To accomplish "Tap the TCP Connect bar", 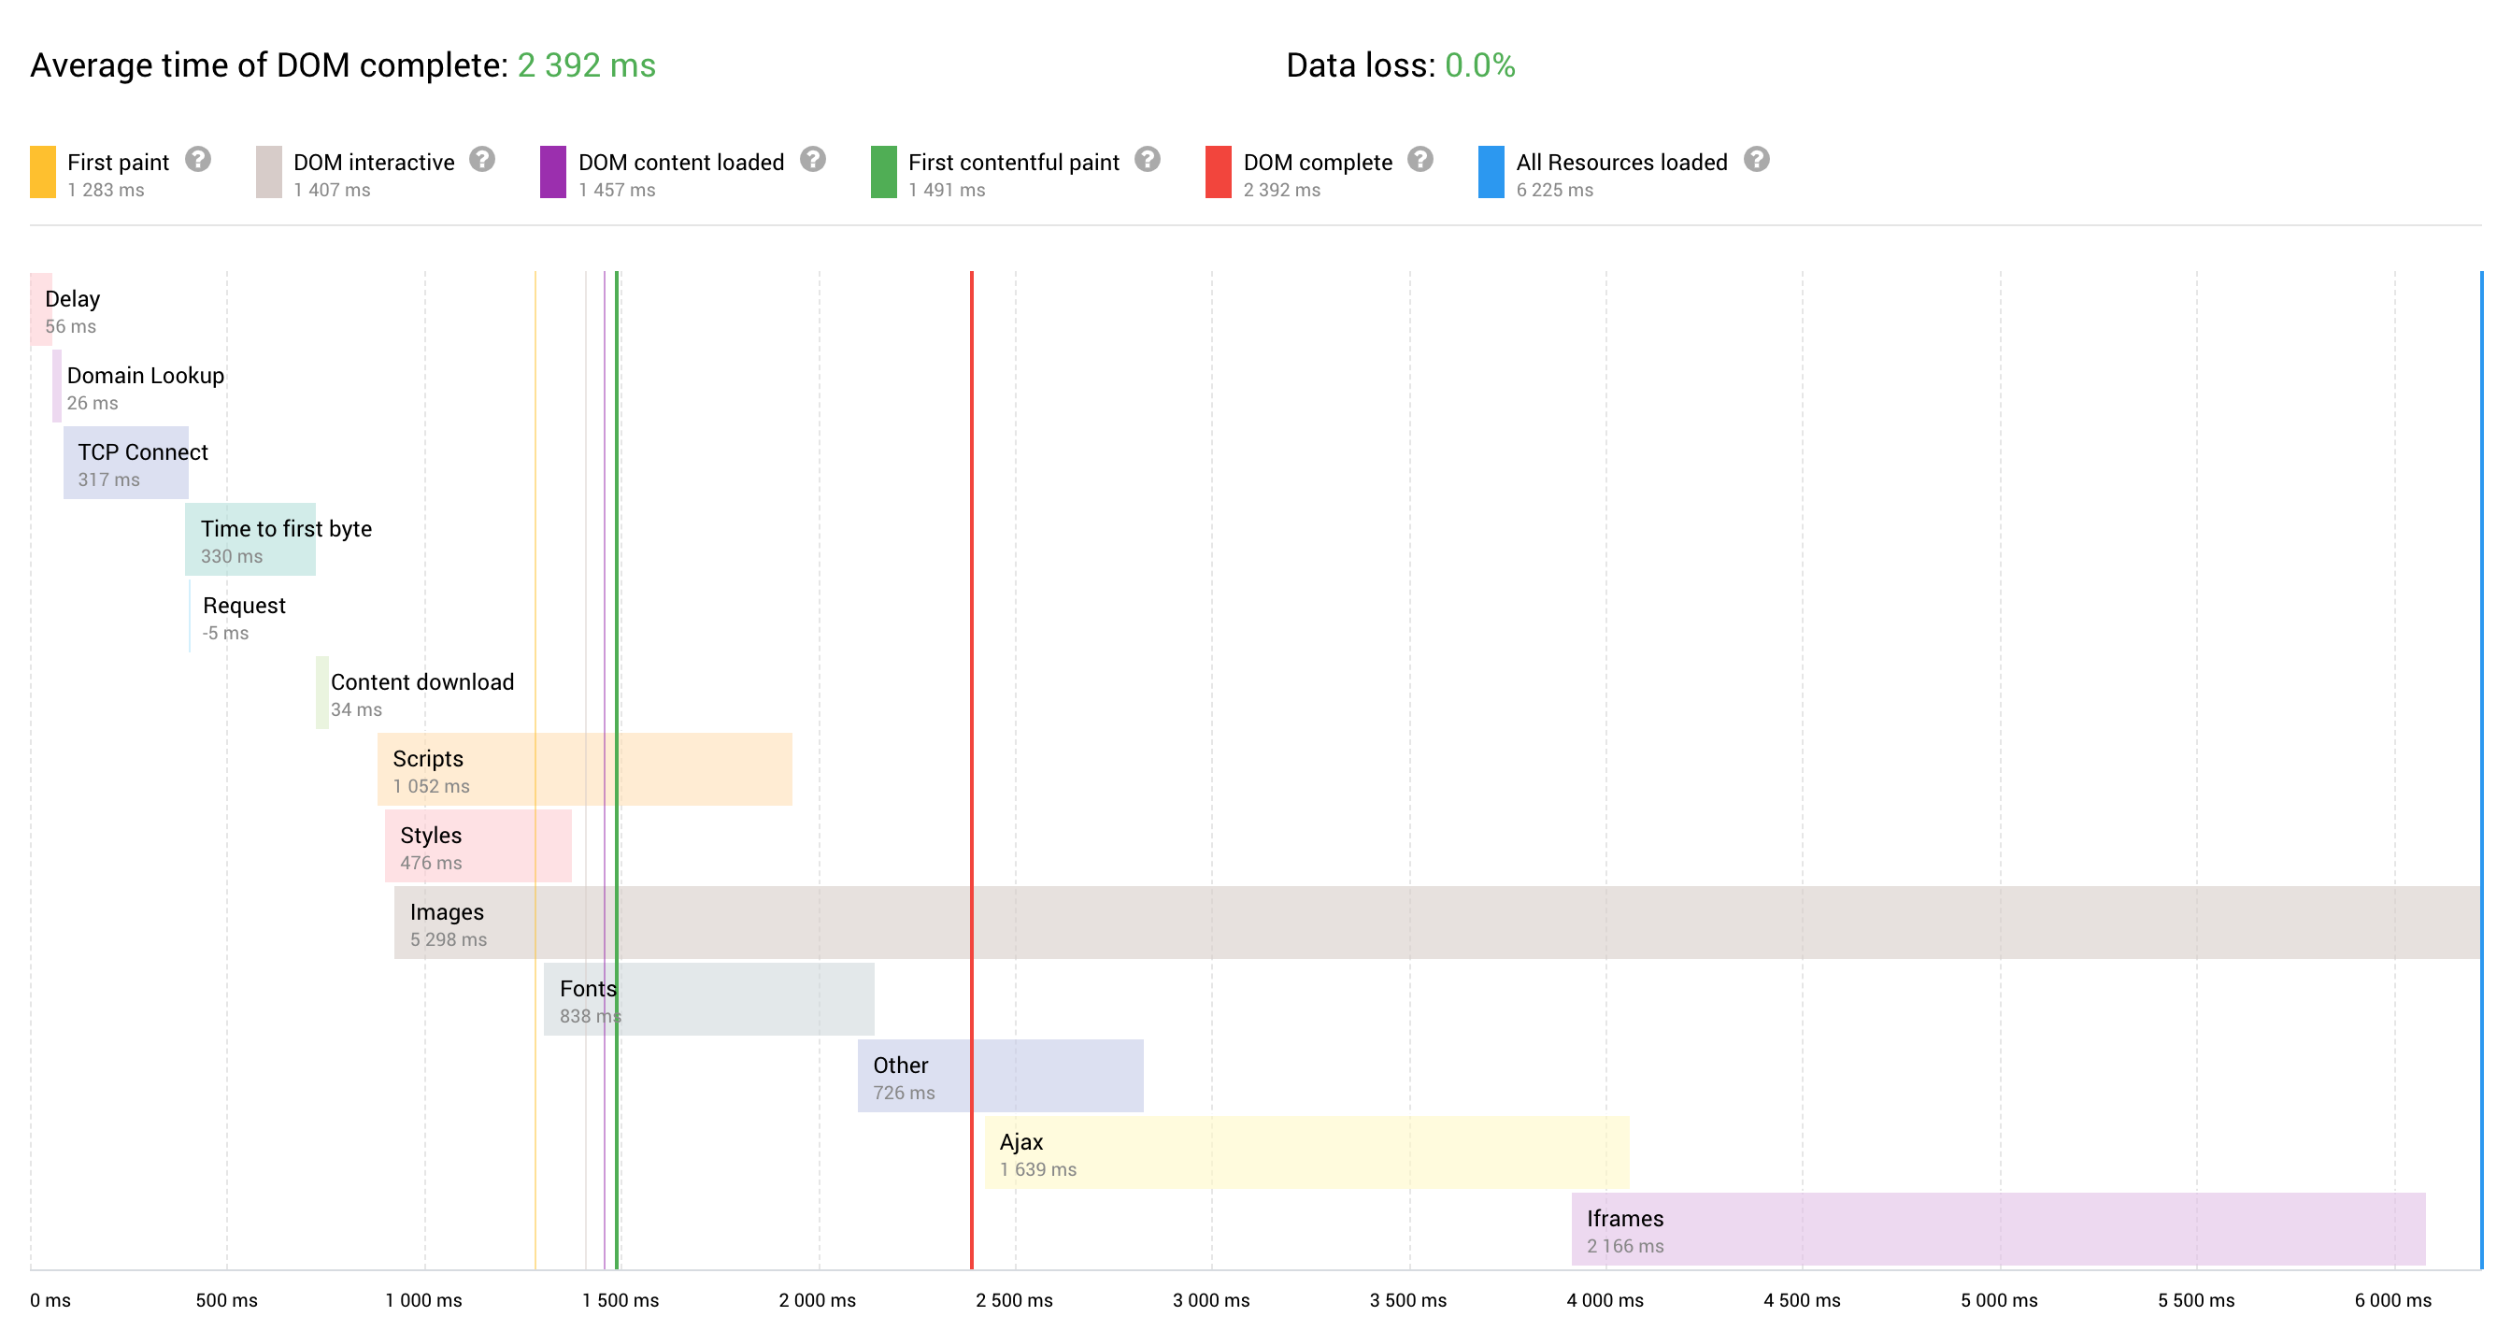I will click(x=126, y=463).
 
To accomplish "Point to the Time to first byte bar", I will click(x=250, y=539).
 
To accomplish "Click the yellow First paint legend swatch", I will click(x=43, y=172).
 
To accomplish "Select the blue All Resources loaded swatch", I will click(x=1490, y=172).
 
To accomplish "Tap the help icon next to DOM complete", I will click(x=1420, y=159).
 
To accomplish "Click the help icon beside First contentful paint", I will click(x=1147, y=159).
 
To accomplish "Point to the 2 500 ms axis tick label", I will click(x=1014, y=1300).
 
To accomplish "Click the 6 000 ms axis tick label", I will click(x=2392, y=1300).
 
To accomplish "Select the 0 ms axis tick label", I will click(x=50, y=1300).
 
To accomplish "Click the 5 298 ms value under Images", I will click(x=448, y=939).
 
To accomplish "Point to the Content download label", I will click(x=421, y=681).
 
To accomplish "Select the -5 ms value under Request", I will click(x=225, y=633).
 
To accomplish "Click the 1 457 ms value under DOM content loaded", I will click(x=617, y=190).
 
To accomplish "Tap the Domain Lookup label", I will click(x=146, y=375).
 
